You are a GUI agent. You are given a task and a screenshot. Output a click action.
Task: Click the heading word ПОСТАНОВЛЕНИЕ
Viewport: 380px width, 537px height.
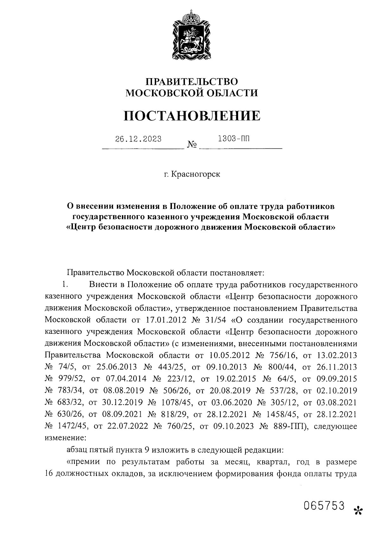(192, 116)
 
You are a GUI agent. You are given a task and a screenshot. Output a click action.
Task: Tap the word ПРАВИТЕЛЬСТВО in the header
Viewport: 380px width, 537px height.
(192, 82)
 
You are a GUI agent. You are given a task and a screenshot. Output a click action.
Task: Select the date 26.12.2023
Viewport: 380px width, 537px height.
(138, 139)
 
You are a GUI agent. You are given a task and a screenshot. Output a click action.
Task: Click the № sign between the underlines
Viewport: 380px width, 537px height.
(192, 145)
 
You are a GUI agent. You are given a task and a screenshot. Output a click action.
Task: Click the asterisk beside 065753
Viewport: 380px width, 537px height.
(358, 510)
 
